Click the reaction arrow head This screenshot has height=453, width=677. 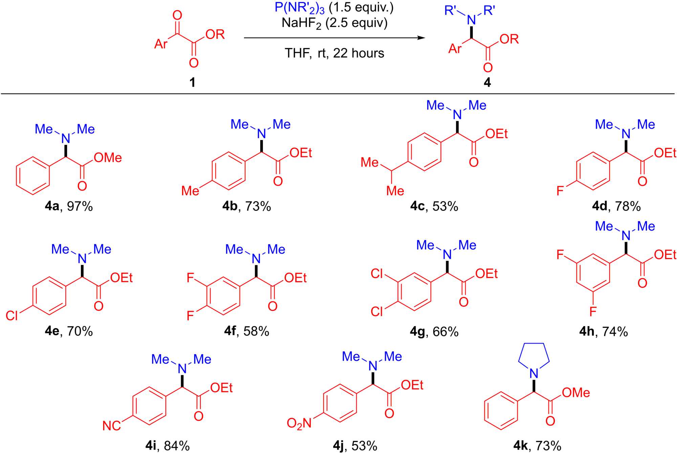(421, 38)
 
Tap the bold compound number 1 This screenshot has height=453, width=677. (192, 82)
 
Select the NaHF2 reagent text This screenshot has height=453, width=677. (301, 23)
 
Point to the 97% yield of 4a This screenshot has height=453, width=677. (80, 206)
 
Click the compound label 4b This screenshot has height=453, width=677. (230, 206)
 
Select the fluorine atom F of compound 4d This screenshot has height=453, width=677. (560, 191)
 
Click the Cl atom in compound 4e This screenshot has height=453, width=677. (12, 316)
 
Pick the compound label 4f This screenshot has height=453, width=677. (230, 331)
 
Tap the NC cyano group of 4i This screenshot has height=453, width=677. (112, 426)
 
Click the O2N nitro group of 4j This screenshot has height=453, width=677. (299, 423)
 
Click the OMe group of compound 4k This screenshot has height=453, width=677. (576, 392)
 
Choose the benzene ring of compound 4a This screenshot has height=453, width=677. (33, 175)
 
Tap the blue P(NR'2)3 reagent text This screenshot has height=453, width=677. (300, 8)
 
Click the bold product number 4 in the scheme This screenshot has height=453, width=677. (487, 82)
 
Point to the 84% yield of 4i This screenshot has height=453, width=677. (177, 446)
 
